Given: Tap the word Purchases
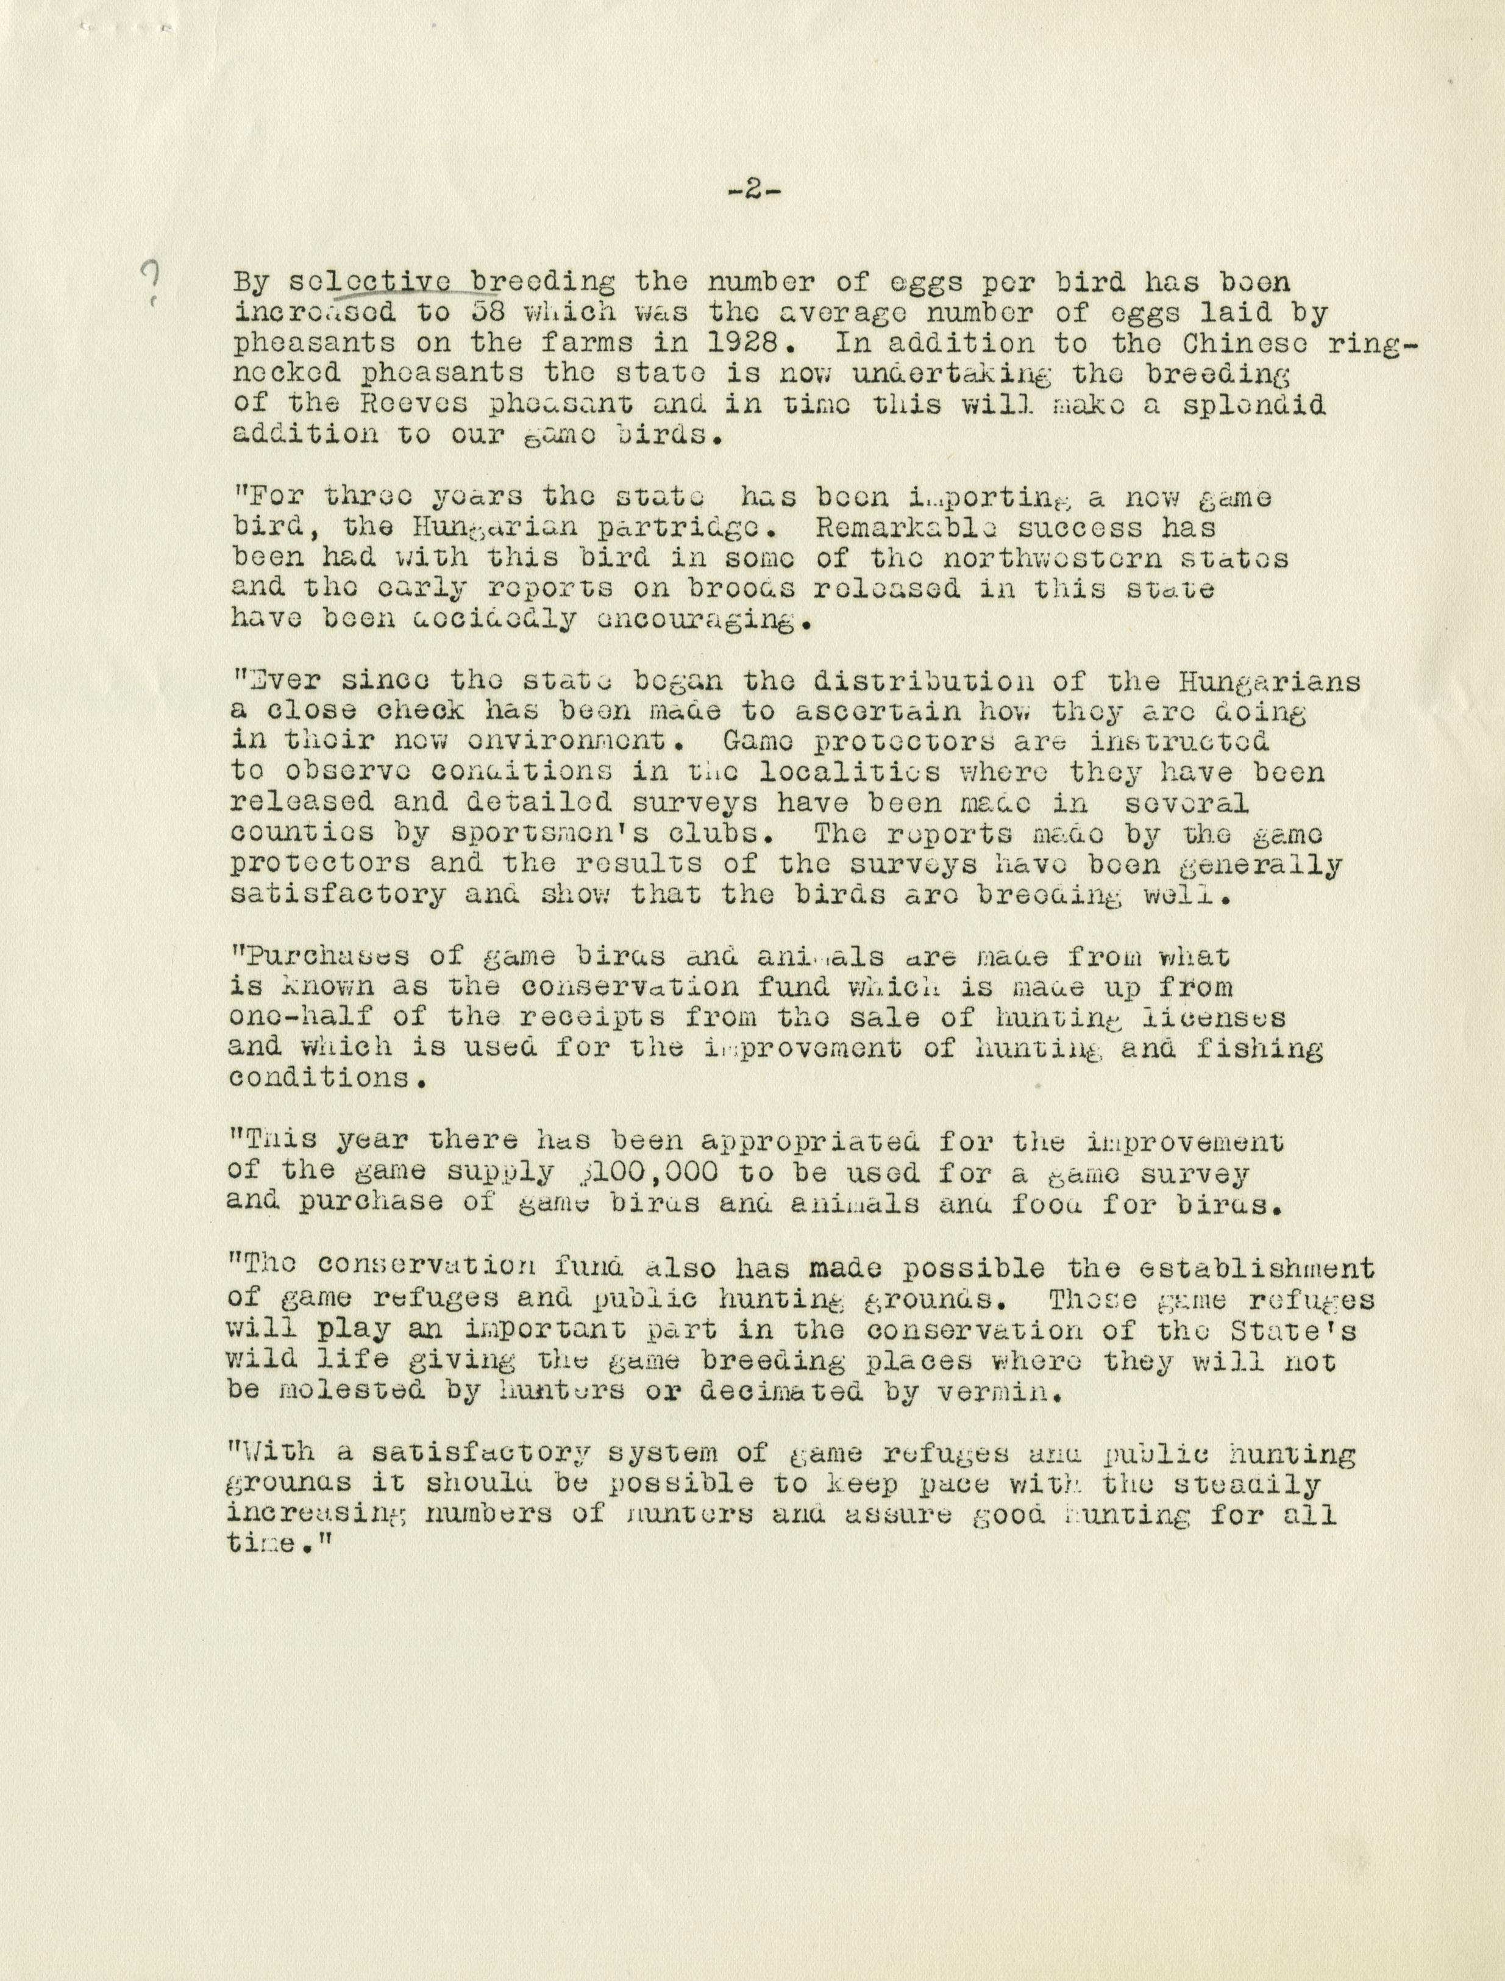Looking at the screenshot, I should [x=318, y=956].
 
